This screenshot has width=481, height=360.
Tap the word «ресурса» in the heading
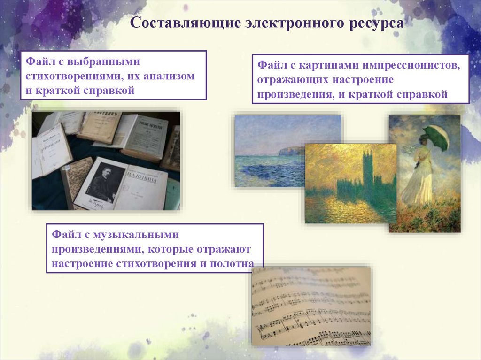[375, 23]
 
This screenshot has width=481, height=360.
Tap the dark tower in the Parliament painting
[367, 169]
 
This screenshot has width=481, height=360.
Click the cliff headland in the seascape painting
[292, 151]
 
